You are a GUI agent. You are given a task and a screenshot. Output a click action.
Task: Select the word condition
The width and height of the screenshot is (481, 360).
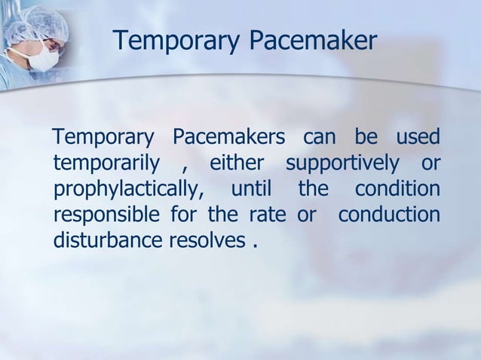(397, 190)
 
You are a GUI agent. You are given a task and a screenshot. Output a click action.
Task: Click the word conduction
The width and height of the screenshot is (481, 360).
(388, 215)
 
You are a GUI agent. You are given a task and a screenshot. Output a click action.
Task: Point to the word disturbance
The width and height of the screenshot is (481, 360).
(103, 241)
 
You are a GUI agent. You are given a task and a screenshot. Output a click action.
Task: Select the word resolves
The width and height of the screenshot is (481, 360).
(216, 241)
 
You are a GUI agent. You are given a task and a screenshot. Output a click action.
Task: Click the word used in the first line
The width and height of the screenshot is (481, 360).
(417, 139)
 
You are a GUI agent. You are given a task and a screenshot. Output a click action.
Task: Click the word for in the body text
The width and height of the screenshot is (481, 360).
(185, 215)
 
